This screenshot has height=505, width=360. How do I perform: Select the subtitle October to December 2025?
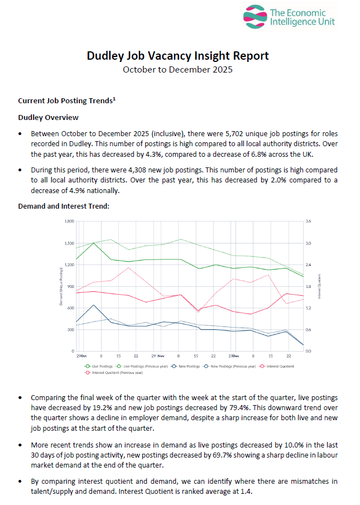177,70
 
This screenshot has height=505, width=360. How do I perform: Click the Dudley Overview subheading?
48,118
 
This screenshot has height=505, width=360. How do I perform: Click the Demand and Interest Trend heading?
64,206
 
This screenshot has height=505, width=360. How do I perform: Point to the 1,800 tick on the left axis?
69,222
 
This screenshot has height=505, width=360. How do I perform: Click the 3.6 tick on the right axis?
308,222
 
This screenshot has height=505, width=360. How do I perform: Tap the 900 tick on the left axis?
71,287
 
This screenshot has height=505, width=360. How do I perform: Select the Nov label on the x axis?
161,355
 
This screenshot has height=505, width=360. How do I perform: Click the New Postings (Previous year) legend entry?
232,366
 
